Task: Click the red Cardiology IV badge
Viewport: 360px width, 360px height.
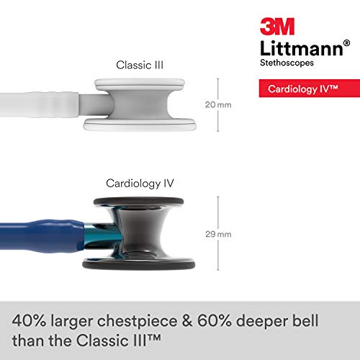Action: tap(299, 91)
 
